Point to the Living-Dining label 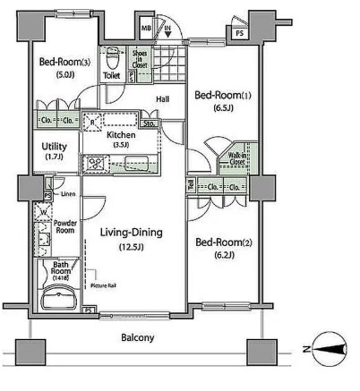pos(131,233)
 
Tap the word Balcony pos(138,337)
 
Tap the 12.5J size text pos(131,248)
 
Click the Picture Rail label pos(105,285)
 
